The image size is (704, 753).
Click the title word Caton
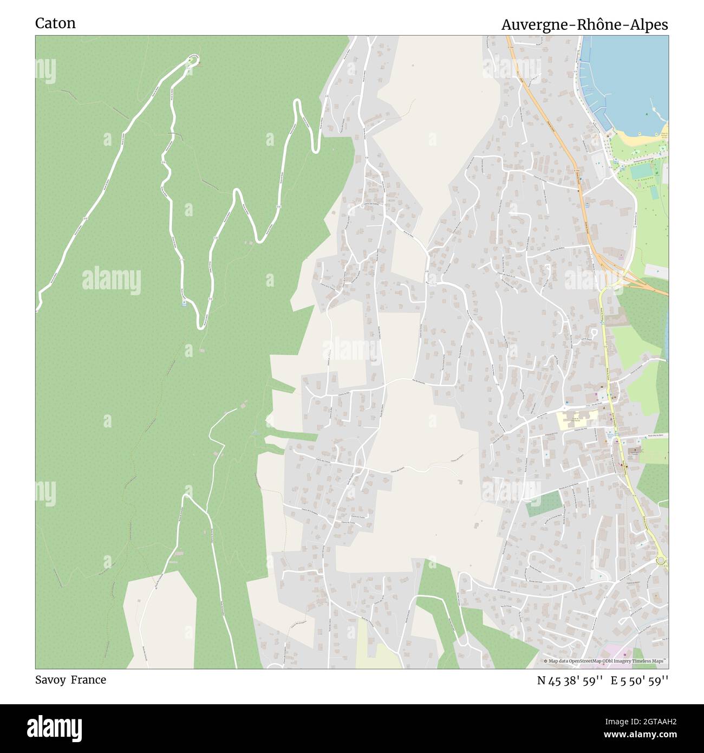tap(55, 23)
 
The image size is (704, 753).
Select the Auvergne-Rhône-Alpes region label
tap(584, 25)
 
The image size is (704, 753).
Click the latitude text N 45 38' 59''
tap(570, 680)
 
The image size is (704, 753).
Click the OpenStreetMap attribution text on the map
tap(606, 661)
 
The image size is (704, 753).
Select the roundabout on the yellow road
tap(661, 561)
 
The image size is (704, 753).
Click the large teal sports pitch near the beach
tap(640, 171)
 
